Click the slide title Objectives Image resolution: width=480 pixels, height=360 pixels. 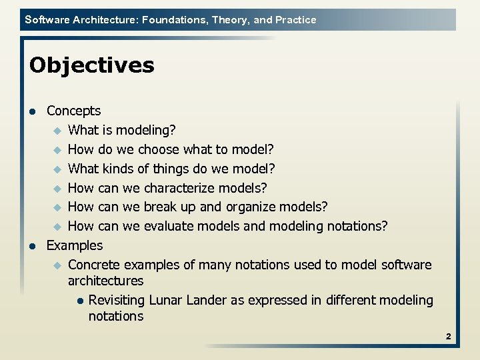click(x=92, y=65)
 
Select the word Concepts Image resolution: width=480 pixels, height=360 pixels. click(x=73, y=111)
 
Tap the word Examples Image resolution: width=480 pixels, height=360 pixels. click(x=75, y=245)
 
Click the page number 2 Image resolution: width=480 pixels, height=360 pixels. click(x=449, y=337)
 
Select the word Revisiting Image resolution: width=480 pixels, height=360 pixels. click(x=117, y=300)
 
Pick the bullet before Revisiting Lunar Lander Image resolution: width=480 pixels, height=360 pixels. click(x=79, y=301)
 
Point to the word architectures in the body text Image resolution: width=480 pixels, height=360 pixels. click(x=105, y=281)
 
